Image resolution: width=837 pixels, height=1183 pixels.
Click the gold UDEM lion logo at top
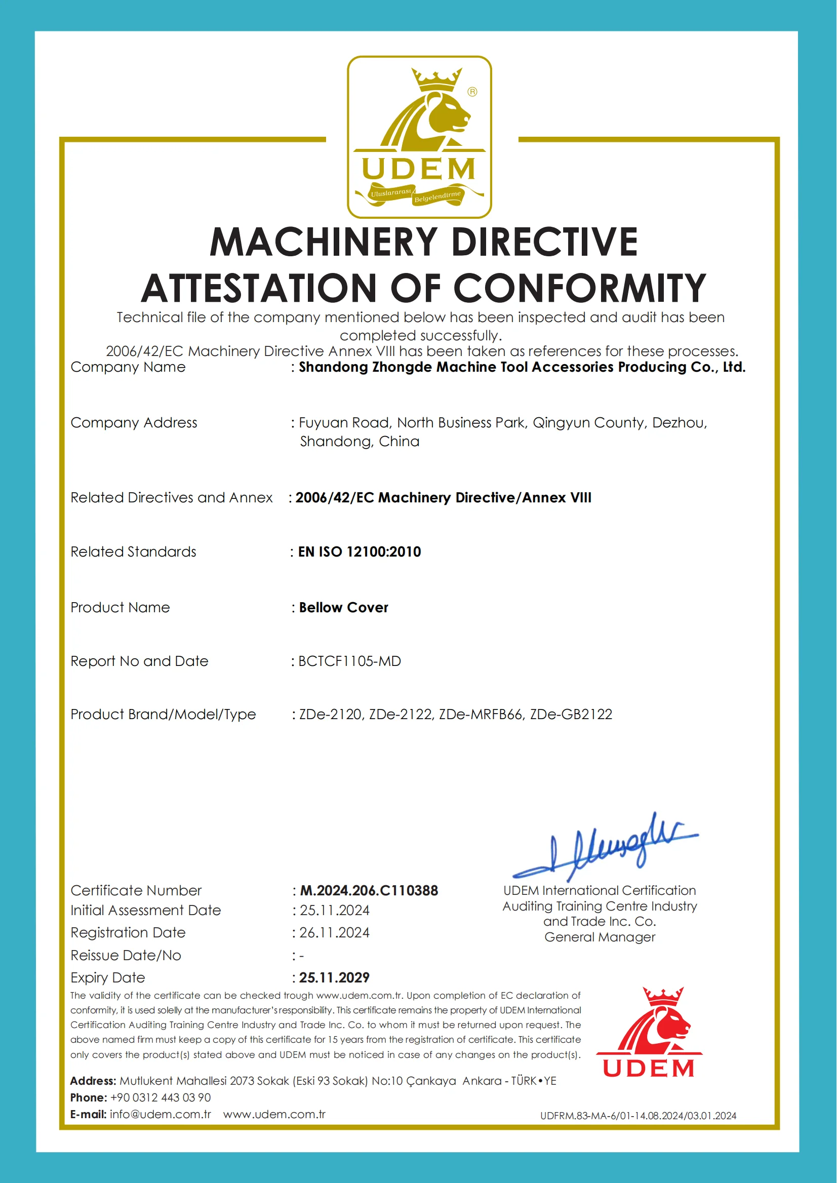[419, 137]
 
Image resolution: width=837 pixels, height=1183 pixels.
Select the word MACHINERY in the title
[324, 242]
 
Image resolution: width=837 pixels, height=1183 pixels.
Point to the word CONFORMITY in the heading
[579, 288]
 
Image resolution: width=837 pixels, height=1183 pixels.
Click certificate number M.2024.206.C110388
[369, 890]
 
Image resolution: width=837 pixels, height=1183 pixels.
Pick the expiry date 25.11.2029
[334, 977]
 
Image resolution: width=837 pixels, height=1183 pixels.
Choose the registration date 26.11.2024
[334, 932]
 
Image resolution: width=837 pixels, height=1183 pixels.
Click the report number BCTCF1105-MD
[349, 661]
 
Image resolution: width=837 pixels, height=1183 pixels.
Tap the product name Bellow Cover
[343, 607]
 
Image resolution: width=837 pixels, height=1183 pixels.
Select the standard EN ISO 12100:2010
[359, 551]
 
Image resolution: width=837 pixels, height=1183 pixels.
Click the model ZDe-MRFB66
[481, 714]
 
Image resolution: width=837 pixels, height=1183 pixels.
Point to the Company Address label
[134, 423]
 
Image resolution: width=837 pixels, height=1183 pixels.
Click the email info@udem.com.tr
[161, 1114]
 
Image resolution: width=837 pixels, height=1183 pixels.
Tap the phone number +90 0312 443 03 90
[161, 1097]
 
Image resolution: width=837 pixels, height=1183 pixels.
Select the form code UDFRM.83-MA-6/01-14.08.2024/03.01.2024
[638, 1116]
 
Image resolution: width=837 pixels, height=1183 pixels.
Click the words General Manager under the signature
[600, 937]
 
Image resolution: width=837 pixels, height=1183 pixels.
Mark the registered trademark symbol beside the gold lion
[472, 92]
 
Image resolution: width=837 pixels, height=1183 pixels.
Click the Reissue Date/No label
[126, 955]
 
